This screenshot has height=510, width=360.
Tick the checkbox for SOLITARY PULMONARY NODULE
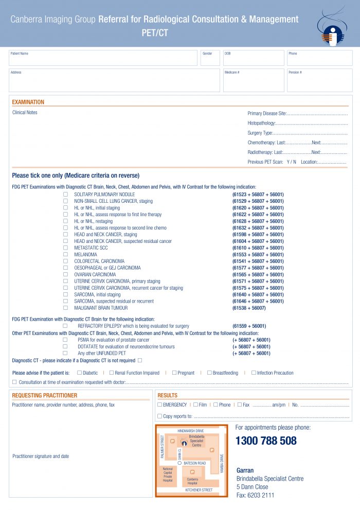[x=65, y=195]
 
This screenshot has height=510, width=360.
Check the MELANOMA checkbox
[x=65, y=255]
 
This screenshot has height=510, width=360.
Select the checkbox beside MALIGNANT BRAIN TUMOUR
[x=65, y=308]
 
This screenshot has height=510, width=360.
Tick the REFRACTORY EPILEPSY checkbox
[x=65, y=326]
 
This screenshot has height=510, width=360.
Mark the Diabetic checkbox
[x=79, y=373]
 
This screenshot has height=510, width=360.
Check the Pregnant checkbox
[x=174, y=373]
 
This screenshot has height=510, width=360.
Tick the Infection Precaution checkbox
[x=254, y=373]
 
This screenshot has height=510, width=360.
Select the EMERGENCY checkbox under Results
[x=160, y=405]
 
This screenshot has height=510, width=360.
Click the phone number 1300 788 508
[x=266, y=441]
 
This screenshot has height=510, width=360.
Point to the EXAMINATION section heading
[x=28, y=102]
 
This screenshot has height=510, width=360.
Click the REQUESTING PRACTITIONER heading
[x=45, y=396]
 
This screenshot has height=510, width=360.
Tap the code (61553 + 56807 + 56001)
[x=258, y=255]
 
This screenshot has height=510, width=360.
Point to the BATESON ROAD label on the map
[x=194, y=464]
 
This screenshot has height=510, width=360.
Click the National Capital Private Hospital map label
[x=168, y=474]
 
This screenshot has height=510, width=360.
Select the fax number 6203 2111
[x=260, y=495]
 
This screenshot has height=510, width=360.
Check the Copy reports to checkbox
[x=160, y=416]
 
